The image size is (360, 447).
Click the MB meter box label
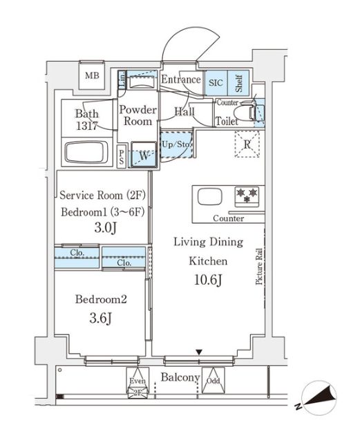coord(93,75)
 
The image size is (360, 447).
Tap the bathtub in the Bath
coord(86,152)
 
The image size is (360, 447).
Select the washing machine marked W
coord(144,155)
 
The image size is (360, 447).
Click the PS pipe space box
coord(122,157)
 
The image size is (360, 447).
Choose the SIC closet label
coord(216,83)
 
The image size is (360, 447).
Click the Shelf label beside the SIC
coord(238,83)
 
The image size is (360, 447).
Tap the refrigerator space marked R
coord(247,144)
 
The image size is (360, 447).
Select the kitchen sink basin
coord(210,197)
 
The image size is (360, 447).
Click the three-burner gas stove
coord(247,196)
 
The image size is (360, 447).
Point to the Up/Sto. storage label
coord(176,144)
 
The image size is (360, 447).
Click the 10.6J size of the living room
coord(208,280)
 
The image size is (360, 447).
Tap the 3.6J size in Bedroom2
coord(100,318)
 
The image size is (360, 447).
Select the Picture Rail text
coord(259,267)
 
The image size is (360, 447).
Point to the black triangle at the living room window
coord(199,352)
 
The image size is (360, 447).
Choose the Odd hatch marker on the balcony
coord(214,380)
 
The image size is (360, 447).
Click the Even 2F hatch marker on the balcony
coord(138,382)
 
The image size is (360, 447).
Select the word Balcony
coord(180,377)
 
